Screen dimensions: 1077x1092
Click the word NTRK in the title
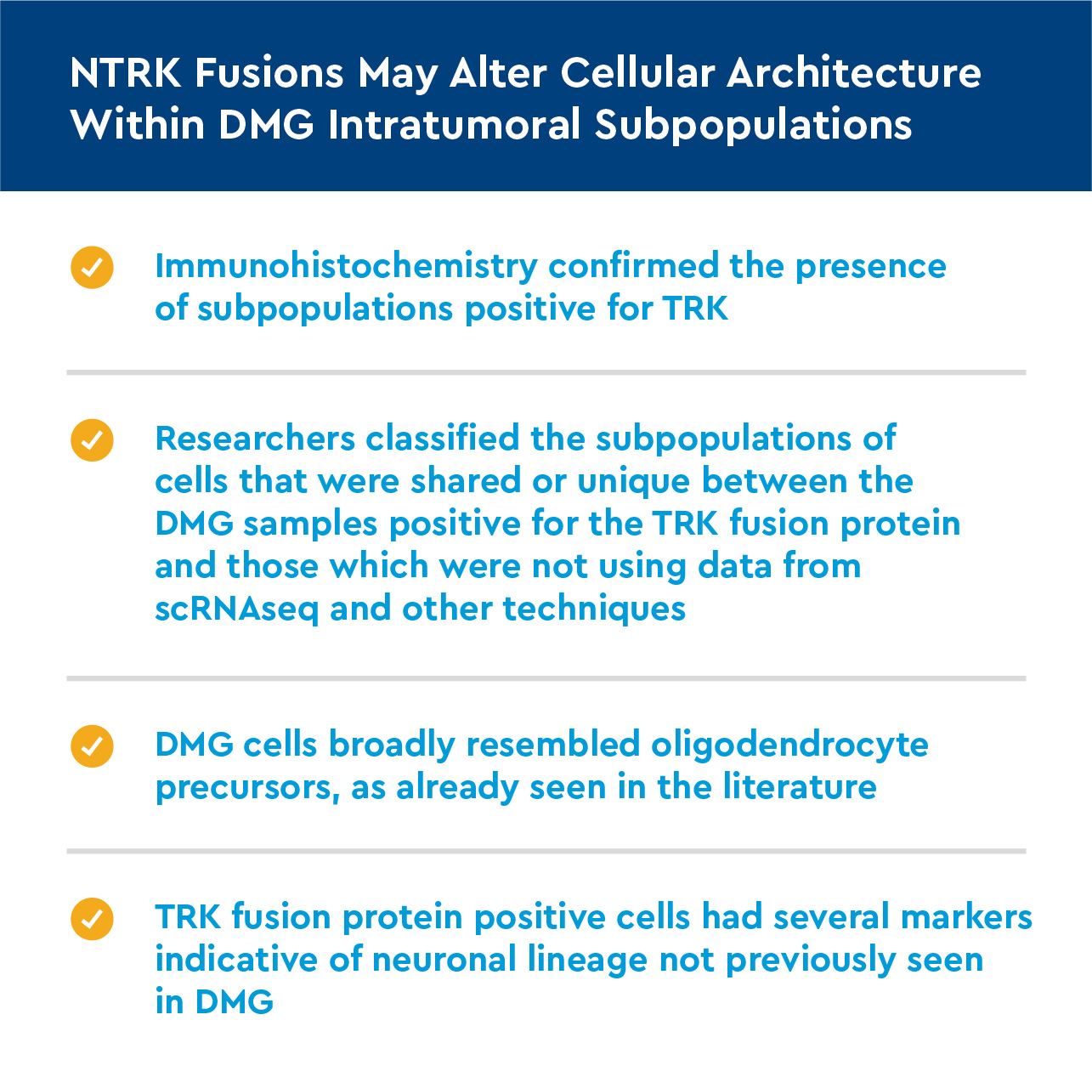tap(126, 73)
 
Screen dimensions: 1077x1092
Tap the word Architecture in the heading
tap(854, 73)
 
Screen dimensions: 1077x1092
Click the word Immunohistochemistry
tap(346, 266)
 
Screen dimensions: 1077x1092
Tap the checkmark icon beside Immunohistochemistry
tap(92, 268)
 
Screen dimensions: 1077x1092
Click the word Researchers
tap(255, 439)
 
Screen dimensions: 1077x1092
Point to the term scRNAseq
tap(236, 609)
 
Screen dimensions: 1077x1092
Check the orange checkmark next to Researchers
tap(92, 440)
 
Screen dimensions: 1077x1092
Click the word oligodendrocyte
tap(789, 745)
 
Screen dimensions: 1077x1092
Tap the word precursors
tap(247, 788)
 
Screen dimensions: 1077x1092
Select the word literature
tap(800, 787)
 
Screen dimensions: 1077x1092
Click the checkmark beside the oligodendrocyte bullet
tap(92, 746)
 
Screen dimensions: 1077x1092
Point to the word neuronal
tap(444, 960)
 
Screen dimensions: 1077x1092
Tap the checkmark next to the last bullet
tap(92, 919)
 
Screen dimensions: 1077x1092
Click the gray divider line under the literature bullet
tap(546, 851)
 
